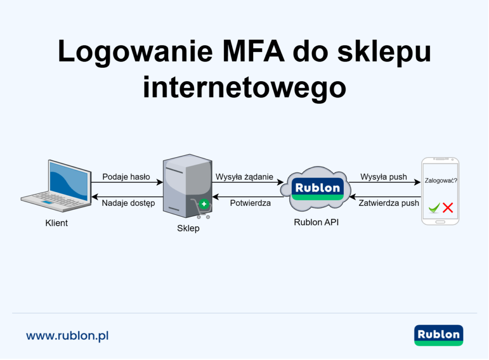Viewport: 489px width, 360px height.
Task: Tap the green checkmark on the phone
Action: coord(434,208)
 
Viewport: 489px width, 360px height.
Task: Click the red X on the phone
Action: coord(447,208)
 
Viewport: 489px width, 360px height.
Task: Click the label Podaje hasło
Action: coord(126,177)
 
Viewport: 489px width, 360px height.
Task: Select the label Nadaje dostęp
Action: coord(128,203)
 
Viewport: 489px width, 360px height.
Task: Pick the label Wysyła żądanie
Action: coord(244,177)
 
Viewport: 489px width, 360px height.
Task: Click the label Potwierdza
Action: coord(250,203)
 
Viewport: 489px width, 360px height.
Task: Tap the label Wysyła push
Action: coord(383,177)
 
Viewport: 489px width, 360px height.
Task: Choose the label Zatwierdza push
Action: coord(389,203)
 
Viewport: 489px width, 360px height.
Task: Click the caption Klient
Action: coord(56,223)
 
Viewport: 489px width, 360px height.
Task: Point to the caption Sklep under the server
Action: coord(188,229)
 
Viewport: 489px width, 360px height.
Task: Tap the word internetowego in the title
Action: coord(244,87)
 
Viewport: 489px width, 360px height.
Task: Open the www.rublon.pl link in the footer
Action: coord(67,336)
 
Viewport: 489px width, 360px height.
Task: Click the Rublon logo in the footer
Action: coord(438,335)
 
